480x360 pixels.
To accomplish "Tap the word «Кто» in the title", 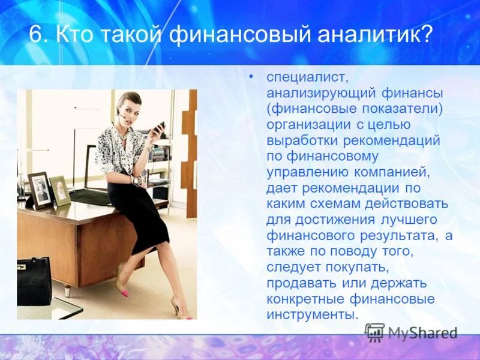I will point(77,35).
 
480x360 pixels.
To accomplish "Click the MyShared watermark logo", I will point(412,332).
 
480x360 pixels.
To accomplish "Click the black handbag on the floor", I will point(34,281).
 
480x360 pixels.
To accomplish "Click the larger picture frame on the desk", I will point(40,189).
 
